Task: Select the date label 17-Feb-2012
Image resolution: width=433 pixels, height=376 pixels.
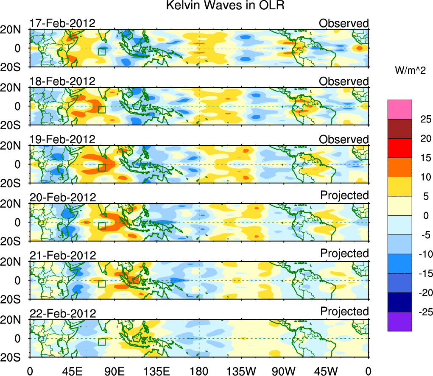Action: pyautogui.click(x=62, y=23)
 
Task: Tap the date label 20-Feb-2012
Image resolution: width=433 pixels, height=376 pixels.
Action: pyautogui.click(x=62, y=198)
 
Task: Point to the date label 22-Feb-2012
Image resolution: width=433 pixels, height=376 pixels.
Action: pyautogui.click(x=62, y=314)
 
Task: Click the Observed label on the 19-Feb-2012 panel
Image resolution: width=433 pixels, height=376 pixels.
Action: pyautogui.click(x=344, y=139)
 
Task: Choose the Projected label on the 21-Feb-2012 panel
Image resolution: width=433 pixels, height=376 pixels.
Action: pyautogui.click(x=344, y=253)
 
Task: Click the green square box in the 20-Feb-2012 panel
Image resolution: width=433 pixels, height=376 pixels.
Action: pyautogui.click(x=101, y=226)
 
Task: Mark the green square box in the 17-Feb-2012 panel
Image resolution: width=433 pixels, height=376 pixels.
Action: pyautogui.click(x=101, y=51)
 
